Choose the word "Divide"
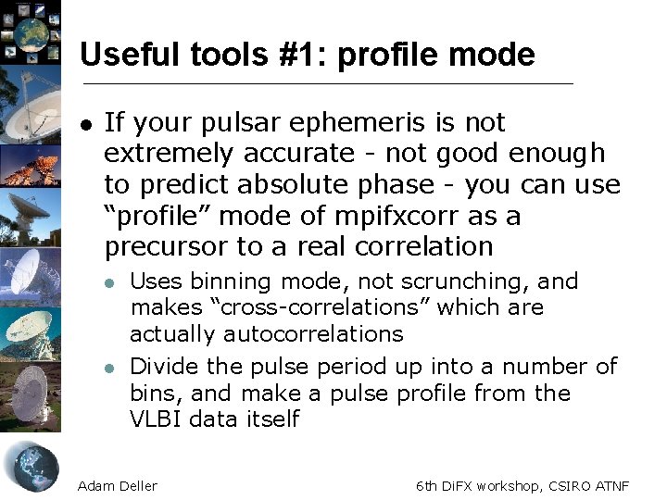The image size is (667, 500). [x=162, y=367]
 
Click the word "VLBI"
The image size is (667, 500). [x=156, y=419]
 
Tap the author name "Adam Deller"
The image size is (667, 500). [x=118, y=485]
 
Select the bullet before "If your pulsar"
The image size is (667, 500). [x=85, y=124]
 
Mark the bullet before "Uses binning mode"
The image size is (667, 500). [x=109, y=282]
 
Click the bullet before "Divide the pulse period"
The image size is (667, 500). [x=109, y=368]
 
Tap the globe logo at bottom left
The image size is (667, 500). [x=31, y=466]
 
